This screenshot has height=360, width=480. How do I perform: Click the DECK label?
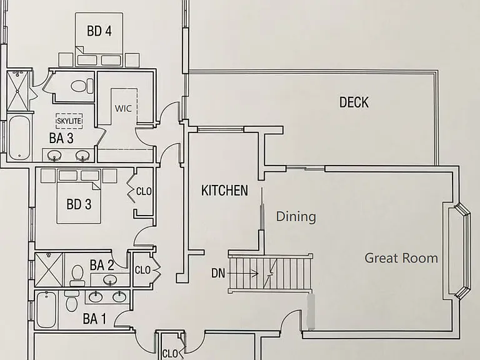pyautogui.click(x=354, y=102)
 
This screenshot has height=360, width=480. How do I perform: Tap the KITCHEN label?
pyautogui.click(x=224, y=191)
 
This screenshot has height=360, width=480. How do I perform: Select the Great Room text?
pyautogui.click(x=401, y=258)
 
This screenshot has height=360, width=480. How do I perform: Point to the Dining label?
pyautogui.click(x=296, y=216)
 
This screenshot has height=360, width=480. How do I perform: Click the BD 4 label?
pyautogui.click(x=99, y=31)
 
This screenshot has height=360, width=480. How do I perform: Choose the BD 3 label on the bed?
pyautogui.click(x=79, y=204)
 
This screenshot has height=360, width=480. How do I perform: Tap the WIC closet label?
pyautogui.click(x=123, y=108)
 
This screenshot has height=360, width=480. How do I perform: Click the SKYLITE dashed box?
pyautogui.click(x=69, y=121)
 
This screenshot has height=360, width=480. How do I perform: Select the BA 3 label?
pyautogui.click(x=61, y=138)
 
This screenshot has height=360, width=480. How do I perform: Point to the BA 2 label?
pyautogui.click(x=102, y=265)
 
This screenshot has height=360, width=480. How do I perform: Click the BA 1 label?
pyautogui.click(x=94, y=319)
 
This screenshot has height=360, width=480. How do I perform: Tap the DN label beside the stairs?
pyautogui.click(x=218, y=273)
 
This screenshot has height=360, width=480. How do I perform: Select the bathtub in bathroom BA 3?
pyautogui.click(x=19, y=137)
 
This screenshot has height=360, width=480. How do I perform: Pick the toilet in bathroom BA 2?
pyautogui.click(x=76, y=275)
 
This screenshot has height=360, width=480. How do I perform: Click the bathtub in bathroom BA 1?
pyautogui.click(x=46, y=309)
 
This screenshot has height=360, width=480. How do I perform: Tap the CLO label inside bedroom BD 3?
pyautogui.click(x=144, y=192)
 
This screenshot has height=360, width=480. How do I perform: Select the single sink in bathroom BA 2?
pyautogui.click(x=110, y=279)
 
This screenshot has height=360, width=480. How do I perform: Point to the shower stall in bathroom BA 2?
pyautogui.click(x=49, y=270)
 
